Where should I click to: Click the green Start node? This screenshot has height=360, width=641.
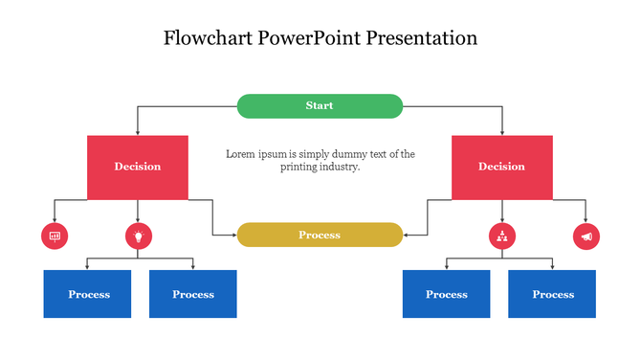[x=320, y=105]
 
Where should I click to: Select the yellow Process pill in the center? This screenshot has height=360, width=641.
[x=320, y=235]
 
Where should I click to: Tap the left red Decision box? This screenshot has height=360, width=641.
[x=138, y=167]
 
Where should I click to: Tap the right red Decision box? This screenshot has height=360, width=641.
[x=501, y=167]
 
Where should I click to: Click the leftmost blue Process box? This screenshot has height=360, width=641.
[x=88, y=294]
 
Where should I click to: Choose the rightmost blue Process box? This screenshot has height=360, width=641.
[x=552, y=294]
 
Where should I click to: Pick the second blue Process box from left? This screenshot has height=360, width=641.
[x=193, y=294]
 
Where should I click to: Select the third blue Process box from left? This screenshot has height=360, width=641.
[x=446, y=294]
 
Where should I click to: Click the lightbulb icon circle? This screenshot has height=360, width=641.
[x=139, y=236]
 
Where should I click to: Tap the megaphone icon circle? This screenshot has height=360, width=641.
[x=586, y=236]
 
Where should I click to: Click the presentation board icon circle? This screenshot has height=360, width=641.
[x=55, y=236]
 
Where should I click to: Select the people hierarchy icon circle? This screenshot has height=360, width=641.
[x=502, y=236]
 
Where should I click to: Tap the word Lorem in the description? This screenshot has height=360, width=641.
[x=241, y=153]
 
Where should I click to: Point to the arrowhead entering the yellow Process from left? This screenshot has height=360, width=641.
[x=233, y=235]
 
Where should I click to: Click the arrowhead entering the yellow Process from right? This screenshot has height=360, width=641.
[x=407, y=235]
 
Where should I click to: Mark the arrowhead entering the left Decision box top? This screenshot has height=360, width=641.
[x=138, y=132]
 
